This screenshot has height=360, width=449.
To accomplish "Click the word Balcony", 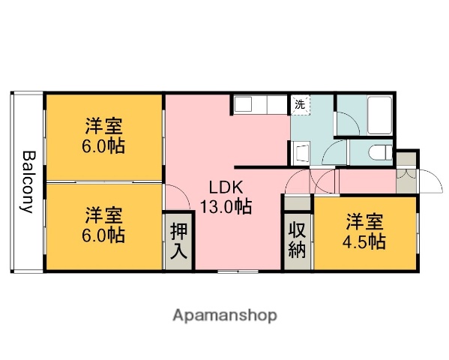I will (28, 182).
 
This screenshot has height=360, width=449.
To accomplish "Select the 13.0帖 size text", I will (225, 206).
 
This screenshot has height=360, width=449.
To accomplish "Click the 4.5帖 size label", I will (365, 241).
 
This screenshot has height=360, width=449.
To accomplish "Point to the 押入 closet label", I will (178, 241).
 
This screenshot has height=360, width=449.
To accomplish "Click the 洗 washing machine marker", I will (300, 105).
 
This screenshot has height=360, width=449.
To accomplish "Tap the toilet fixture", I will (381, 153).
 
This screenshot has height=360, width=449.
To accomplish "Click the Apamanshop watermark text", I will (224, 316).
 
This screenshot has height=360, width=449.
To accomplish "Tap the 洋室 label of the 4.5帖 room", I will (365, 222).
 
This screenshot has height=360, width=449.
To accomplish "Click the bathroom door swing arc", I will (346, 124).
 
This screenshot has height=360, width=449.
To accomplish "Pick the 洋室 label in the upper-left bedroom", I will (103, 125).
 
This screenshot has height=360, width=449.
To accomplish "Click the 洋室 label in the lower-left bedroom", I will (103, 215).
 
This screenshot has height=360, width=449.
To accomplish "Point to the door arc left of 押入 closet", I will (175, 198).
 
